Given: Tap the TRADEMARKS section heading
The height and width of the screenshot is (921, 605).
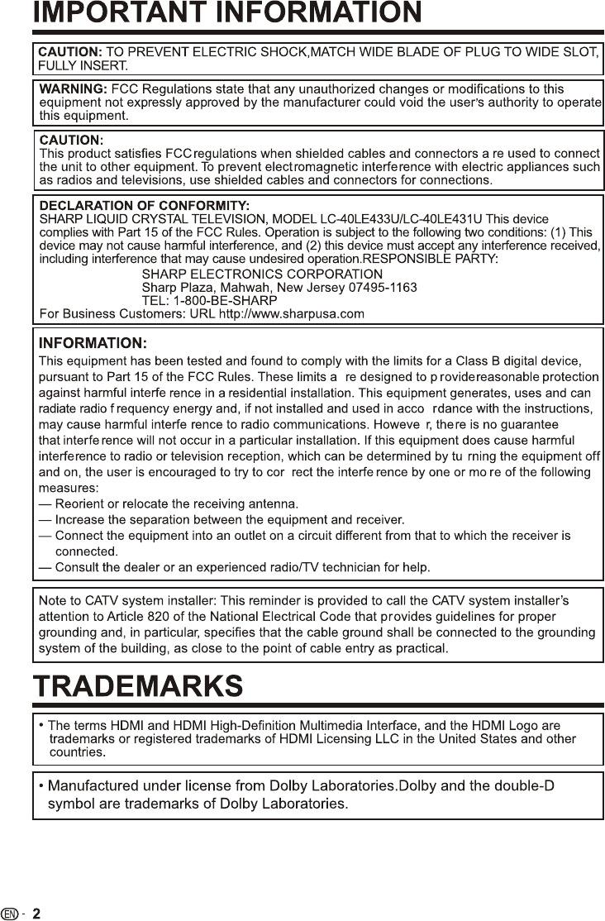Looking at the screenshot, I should (138, 685).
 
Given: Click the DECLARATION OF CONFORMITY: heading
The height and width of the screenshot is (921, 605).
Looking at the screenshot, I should (145, 203).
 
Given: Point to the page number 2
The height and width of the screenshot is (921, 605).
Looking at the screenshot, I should (36, 913).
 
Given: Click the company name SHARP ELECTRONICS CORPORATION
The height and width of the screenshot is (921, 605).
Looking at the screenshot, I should (262, 274).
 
